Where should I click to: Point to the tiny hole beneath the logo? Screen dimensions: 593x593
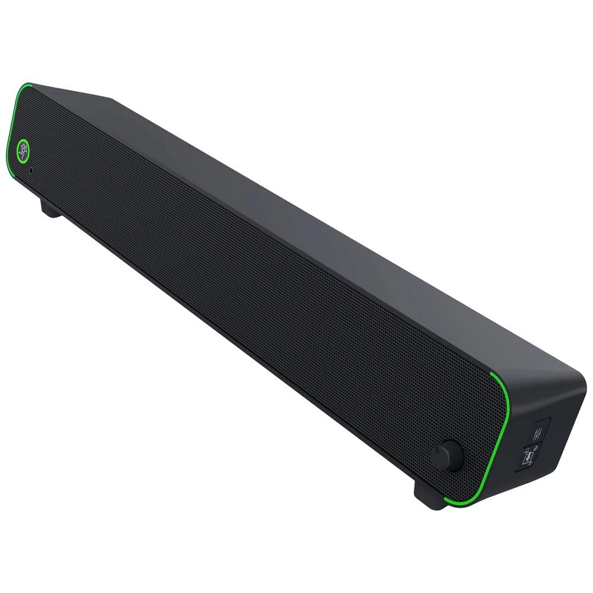pyautogui.click(x=31, y=170)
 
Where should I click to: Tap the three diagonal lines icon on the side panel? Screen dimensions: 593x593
pyautogui.click(x=538, y=431)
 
